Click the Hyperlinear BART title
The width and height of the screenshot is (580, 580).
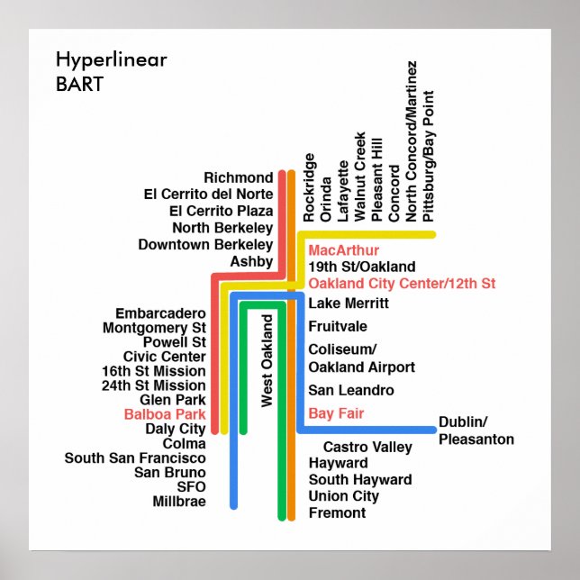point(111,73)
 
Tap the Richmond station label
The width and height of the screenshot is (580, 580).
point(238,177)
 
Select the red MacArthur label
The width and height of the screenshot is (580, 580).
point(343,250)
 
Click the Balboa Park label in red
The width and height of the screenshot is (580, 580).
point(165,415)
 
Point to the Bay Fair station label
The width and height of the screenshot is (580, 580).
point(336,414)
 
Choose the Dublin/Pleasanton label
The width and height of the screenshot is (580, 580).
point(476,430)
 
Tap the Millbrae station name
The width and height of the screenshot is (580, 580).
point(179,502)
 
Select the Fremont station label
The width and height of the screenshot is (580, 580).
point(337,512)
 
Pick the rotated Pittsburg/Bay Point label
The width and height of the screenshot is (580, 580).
point(429,156)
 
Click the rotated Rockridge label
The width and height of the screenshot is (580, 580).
point(310,187)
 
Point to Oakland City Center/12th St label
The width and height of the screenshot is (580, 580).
point(402,284)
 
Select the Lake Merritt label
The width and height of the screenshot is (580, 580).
point(347,304)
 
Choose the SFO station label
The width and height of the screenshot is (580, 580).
point(191,486)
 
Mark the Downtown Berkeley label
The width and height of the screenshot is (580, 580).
point(205,244)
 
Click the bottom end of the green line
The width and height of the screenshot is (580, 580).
point(280,517)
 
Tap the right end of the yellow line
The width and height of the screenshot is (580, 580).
point(432,235)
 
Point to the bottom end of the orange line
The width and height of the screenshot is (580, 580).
point(291,517)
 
